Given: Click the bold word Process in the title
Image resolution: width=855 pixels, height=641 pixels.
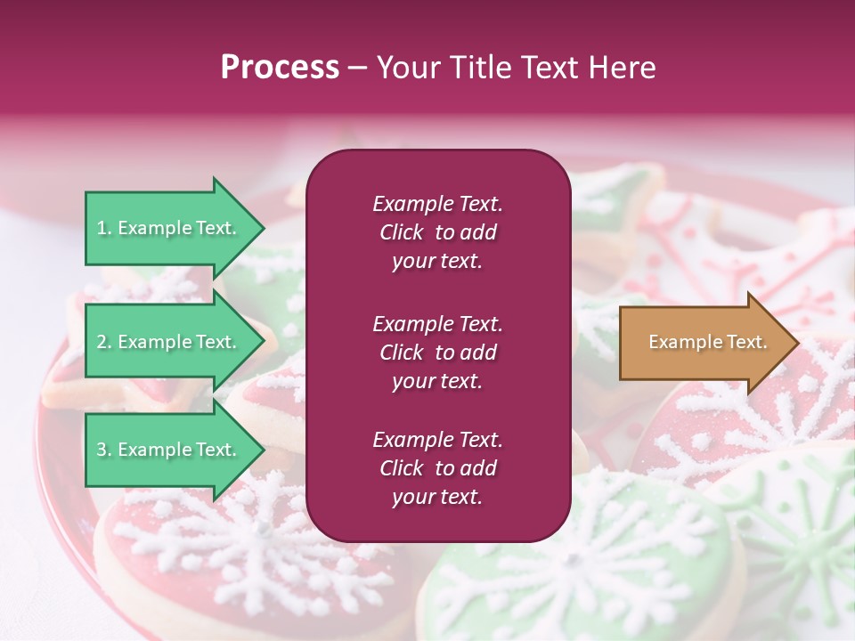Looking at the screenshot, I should [280, 67].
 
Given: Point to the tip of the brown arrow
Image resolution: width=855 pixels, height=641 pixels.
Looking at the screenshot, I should [794, 342].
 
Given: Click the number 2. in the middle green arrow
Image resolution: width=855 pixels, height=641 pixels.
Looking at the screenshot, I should [104, 342].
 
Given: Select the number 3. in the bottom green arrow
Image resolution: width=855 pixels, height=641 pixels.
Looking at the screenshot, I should [104, 450].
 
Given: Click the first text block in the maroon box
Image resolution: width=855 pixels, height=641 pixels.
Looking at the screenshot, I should [437, 232].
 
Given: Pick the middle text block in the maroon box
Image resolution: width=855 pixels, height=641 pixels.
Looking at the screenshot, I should [437, 352].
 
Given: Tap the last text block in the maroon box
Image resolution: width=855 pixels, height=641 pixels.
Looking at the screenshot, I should [437, 468].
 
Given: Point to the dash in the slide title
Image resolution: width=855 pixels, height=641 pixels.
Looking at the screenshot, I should [358, 69].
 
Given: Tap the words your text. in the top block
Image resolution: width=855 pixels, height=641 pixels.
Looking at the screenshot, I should [437, 261].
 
